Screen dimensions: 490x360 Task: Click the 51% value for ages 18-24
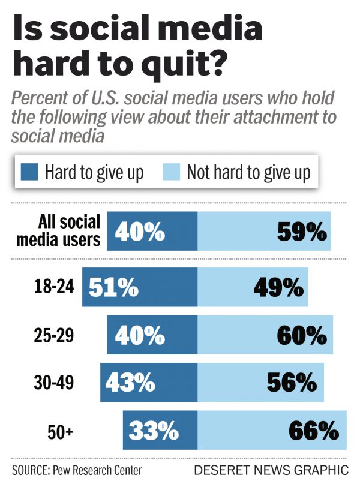[113, 288]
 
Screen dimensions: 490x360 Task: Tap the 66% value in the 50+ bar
[314, 430]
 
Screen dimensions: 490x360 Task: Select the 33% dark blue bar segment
[160, 430]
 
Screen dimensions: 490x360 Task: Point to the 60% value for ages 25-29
[302, 336]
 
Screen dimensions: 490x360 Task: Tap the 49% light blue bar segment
[253, 288]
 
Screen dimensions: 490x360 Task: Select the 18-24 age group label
[54, 287]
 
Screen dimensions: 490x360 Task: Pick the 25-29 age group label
[54, 335]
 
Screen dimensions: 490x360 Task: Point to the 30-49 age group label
[54, 383]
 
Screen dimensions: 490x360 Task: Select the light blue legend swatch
[171, 173]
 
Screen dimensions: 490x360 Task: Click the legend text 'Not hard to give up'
[248, 173]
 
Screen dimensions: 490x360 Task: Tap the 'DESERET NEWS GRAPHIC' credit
[271, 470]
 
